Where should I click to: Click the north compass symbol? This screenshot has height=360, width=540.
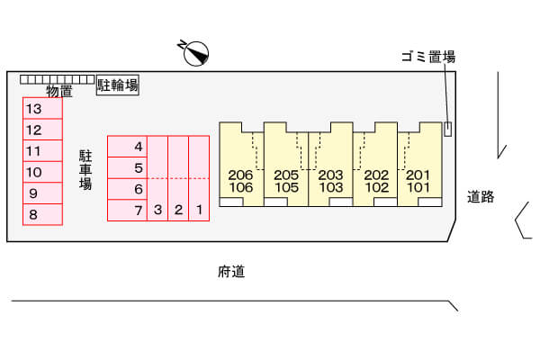click(x=195, y=53)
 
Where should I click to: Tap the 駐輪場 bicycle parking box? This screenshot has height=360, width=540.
click(x=117, y=85)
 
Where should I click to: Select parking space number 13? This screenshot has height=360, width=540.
click(x=42, y=109)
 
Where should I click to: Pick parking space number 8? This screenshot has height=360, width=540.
click(x=42, y=214)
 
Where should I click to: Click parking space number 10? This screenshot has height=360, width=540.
click(x=42, y=172)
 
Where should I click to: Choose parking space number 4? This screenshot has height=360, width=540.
click(x=128, y=147)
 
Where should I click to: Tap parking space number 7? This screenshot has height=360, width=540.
click(x=128, y=210)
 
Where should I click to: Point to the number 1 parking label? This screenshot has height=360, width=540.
click(x=199, y=210)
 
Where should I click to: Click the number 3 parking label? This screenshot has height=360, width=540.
click(x=157, y=210)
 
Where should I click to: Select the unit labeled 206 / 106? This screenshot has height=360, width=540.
click(x=241, y=165)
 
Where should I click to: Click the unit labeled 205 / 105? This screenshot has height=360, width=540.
click(x=286, y=165)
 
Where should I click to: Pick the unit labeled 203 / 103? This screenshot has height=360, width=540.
click(x=330, y=165)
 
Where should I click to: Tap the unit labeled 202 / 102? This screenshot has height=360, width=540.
click(x=375, y=165)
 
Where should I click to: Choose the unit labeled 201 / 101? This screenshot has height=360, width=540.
click(x=419, y=165)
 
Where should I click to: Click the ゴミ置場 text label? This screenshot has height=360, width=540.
click(x=428, y=57)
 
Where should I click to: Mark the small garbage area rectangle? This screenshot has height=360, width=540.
click(x=447, y=130)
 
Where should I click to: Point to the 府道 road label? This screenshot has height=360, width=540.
click(x=231, y=272)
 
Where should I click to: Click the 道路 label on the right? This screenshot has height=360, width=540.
click(x=481, y=197)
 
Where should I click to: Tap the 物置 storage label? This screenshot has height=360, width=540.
click(x=59, y=91)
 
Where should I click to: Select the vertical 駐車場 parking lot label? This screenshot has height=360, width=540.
click(x=85, y=170)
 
